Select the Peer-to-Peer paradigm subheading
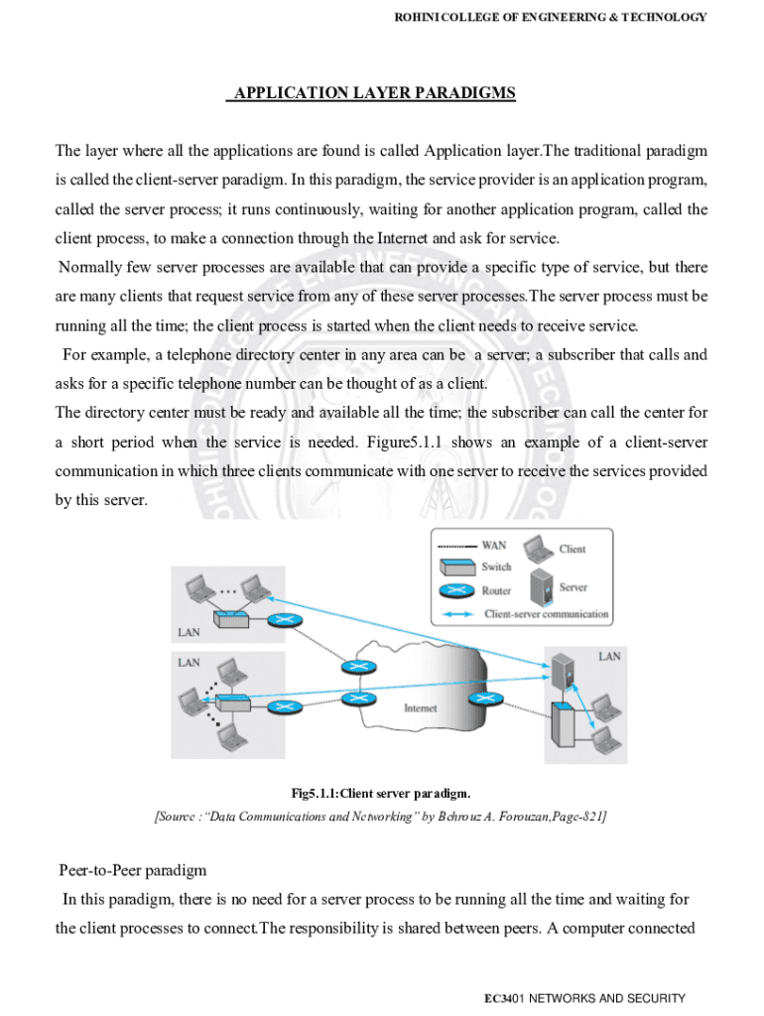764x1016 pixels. coord(132,870)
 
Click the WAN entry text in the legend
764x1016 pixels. coord(493,546)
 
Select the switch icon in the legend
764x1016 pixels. coord(456,568)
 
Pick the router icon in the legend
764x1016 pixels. coord(456,591)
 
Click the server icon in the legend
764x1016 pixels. coord(541,587)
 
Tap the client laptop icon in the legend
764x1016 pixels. coord(541,549)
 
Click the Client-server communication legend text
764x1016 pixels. coord(546,614)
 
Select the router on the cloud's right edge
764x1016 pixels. coord(485,698)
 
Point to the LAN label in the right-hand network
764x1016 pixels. coord(609,656)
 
